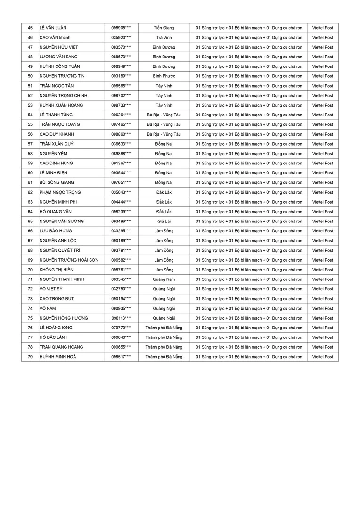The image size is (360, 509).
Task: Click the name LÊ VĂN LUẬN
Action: pyautogui.click(x=53, y=28)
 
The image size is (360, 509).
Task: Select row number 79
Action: pyautogui.click(x=30, y=357)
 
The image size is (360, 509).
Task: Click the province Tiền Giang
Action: pyautogui.click(x=164, y=28)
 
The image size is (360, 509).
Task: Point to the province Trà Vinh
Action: pyautogui.click(x=164, y=38)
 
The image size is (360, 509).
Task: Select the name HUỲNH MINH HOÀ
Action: pyautogui.click(x=57, y=357)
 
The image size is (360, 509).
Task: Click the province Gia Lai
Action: pyautogui.click(x=164, y=222)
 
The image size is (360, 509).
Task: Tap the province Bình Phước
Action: pyautogui.click(x=164, y=76)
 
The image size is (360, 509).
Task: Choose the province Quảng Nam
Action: pyautogui.click(x=164, y=279)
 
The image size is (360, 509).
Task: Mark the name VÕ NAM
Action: pyautogui.click(x=48, y=308)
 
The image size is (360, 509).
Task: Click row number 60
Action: pyautogui.click(x=30, y=173)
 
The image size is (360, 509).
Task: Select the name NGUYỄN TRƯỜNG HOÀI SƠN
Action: pyautogui.click(x=69, y=260)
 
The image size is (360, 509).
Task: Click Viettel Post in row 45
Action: pyautogui.click(x=322, y=28)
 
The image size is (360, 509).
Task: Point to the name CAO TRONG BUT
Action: pyautogui.click(x=57, y=299)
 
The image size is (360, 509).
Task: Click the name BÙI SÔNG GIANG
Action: pyautogui.click(x=57, y=183)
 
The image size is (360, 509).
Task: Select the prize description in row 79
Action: pyautogui.click(x=249, y=357)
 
